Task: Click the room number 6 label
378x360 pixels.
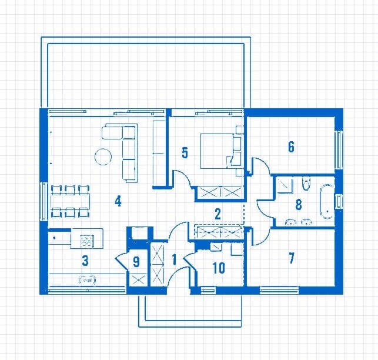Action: tap(291, 146)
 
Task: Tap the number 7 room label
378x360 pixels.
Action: tap(292, 258)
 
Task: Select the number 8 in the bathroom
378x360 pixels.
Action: tap(299, 205)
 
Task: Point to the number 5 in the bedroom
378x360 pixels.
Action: tap(185, 153)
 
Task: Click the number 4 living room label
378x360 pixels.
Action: tap(118, 201)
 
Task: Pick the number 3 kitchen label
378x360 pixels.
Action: tap(85, 261)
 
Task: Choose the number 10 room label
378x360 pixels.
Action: tap(219, 268)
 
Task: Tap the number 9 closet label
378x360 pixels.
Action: tap(136, 262)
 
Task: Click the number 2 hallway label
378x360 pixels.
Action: tap(218, 214)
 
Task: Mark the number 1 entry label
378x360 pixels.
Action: tap(174, 259)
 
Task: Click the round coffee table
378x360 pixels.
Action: tap(103, 156)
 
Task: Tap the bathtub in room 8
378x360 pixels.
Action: tap(327, 202)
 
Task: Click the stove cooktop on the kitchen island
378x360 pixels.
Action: tap(86, 241)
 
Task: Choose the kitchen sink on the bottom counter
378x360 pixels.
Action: tap(87, 280)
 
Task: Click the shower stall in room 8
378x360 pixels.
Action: tap(285, 185)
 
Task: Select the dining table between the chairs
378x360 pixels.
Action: tap(70, 202)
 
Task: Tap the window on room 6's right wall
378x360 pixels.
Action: tap(339, 150)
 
